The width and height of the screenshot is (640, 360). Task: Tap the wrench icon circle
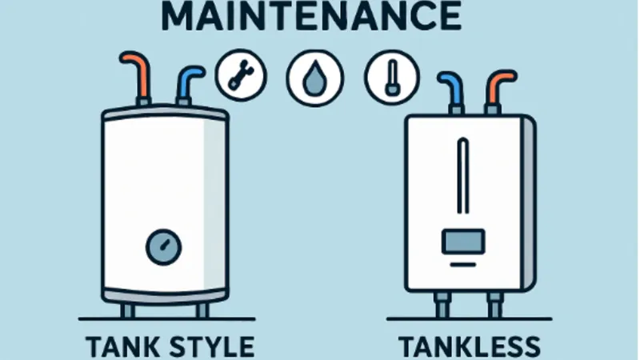point(238,76)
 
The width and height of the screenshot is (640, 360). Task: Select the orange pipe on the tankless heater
point(496,86)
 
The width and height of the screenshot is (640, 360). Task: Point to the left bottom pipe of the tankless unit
point(438,305)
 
